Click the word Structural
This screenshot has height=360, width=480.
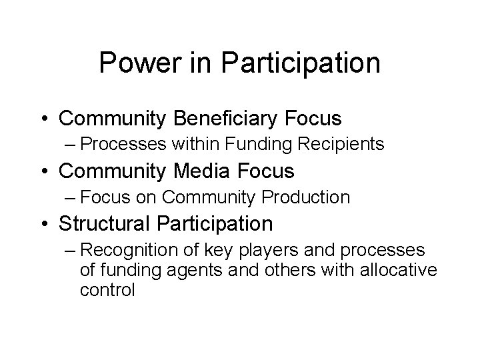[x=102, y=223]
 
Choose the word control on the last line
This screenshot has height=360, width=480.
[x=108, y=291]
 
